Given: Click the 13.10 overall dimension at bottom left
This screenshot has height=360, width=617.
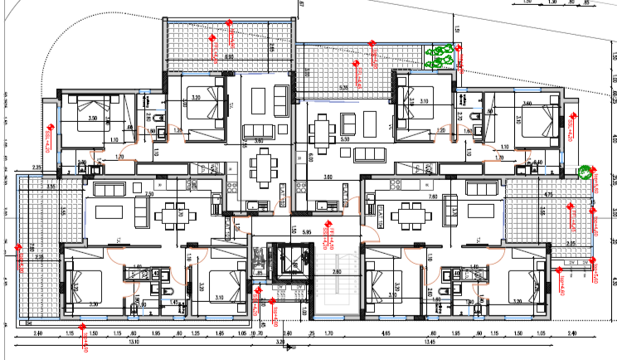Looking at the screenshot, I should [x=133, y=340].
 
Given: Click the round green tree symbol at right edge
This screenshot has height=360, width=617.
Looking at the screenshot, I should [x=585, y=173].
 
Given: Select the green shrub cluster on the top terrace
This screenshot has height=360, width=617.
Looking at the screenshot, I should [x=440, y=56].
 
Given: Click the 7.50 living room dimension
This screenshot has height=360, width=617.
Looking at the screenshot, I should [x=149, y=193].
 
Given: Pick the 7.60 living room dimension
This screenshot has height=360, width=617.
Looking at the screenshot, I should [x=433, y=197].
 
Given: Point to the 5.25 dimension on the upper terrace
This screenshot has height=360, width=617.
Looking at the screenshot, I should [x=343, y=87].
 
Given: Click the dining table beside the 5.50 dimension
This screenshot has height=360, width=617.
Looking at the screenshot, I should [x=321, y=129].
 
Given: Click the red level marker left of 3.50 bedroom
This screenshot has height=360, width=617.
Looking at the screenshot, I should [x=50, y=133].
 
